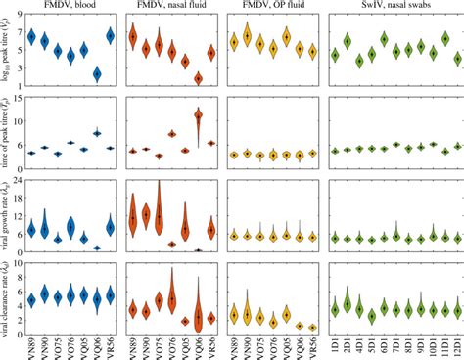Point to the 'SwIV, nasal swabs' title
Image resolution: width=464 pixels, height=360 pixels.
(x=394, y=9)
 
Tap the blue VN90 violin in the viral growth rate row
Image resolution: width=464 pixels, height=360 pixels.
(x=44, y=227)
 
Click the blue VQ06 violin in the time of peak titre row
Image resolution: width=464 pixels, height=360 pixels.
(x=123, y=133)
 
